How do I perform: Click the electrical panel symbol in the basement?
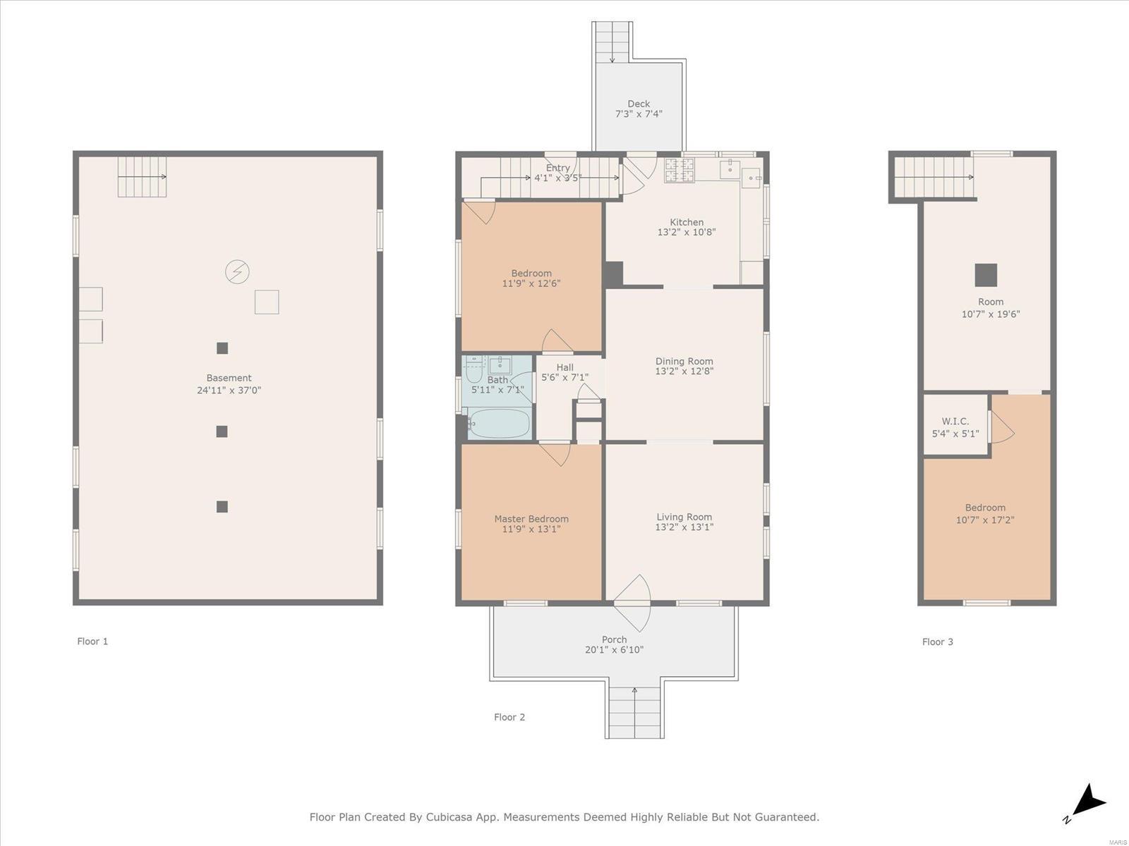(237, 271)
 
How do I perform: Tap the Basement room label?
(229, 378)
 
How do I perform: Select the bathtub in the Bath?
(500, 423)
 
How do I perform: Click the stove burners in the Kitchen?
(679, 170)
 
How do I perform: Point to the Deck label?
(639, 104)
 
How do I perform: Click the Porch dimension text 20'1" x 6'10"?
(614, 650)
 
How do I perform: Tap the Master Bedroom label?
(531, 519)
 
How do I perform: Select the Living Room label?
(684, 517)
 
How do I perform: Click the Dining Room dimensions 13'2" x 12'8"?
(684, 371)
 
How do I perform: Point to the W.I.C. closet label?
(955, 421)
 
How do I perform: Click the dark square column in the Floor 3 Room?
(986, 275)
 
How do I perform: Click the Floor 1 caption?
(92, 641)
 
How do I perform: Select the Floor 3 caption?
(937, 642)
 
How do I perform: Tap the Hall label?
(564, 367)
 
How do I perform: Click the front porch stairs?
(634, 713)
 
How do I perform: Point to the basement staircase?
(142, 177)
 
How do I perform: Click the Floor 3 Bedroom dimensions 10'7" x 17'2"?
(985, 520)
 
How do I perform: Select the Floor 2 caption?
(509, 717)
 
